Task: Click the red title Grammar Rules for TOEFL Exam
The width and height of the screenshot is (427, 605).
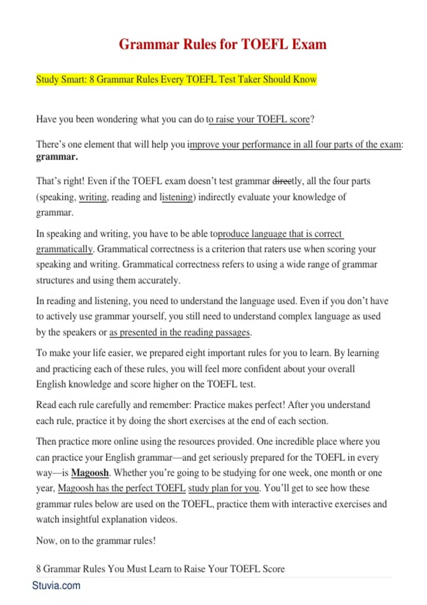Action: [x=222, y=44]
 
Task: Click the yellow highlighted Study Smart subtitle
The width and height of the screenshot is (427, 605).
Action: [x=176, y=79]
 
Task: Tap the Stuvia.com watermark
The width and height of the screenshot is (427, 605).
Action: [x=56, y=585]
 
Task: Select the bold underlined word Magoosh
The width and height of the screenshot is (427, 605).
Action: [x=90, y=473]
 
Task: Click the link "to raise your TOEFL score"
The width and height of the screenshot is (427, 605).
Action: [x=259, y=119]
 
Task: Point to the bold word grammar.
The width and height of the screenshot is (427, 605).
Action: [x=57, y=157]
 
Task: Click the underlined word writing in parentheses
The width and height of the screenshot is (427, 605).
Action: [x=93, y=197]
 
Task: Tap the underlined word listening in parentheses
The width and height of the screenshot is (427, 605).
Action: [x=176, y=197]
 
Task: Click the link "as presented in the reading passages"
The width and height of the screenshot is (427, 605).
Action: [x=180, y=332]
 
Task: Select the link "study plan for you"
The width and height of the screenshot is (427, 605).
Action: [x=223, y=488]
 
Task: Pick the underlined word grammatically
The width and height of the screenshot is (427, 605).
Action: [x=64, y=249]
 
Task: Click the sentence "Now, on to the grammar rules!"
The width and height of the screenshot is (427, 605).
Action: [x=96, y=541]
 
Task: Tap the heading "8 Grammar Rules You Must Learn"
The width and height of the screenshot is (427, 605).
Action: [x=160, y=569]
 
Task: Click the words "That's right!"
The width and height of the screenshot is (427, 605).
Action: [x=60, y=181]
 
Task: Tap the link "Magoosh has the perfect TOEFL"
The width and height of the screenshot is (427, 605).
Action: [x=122, y=488]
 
